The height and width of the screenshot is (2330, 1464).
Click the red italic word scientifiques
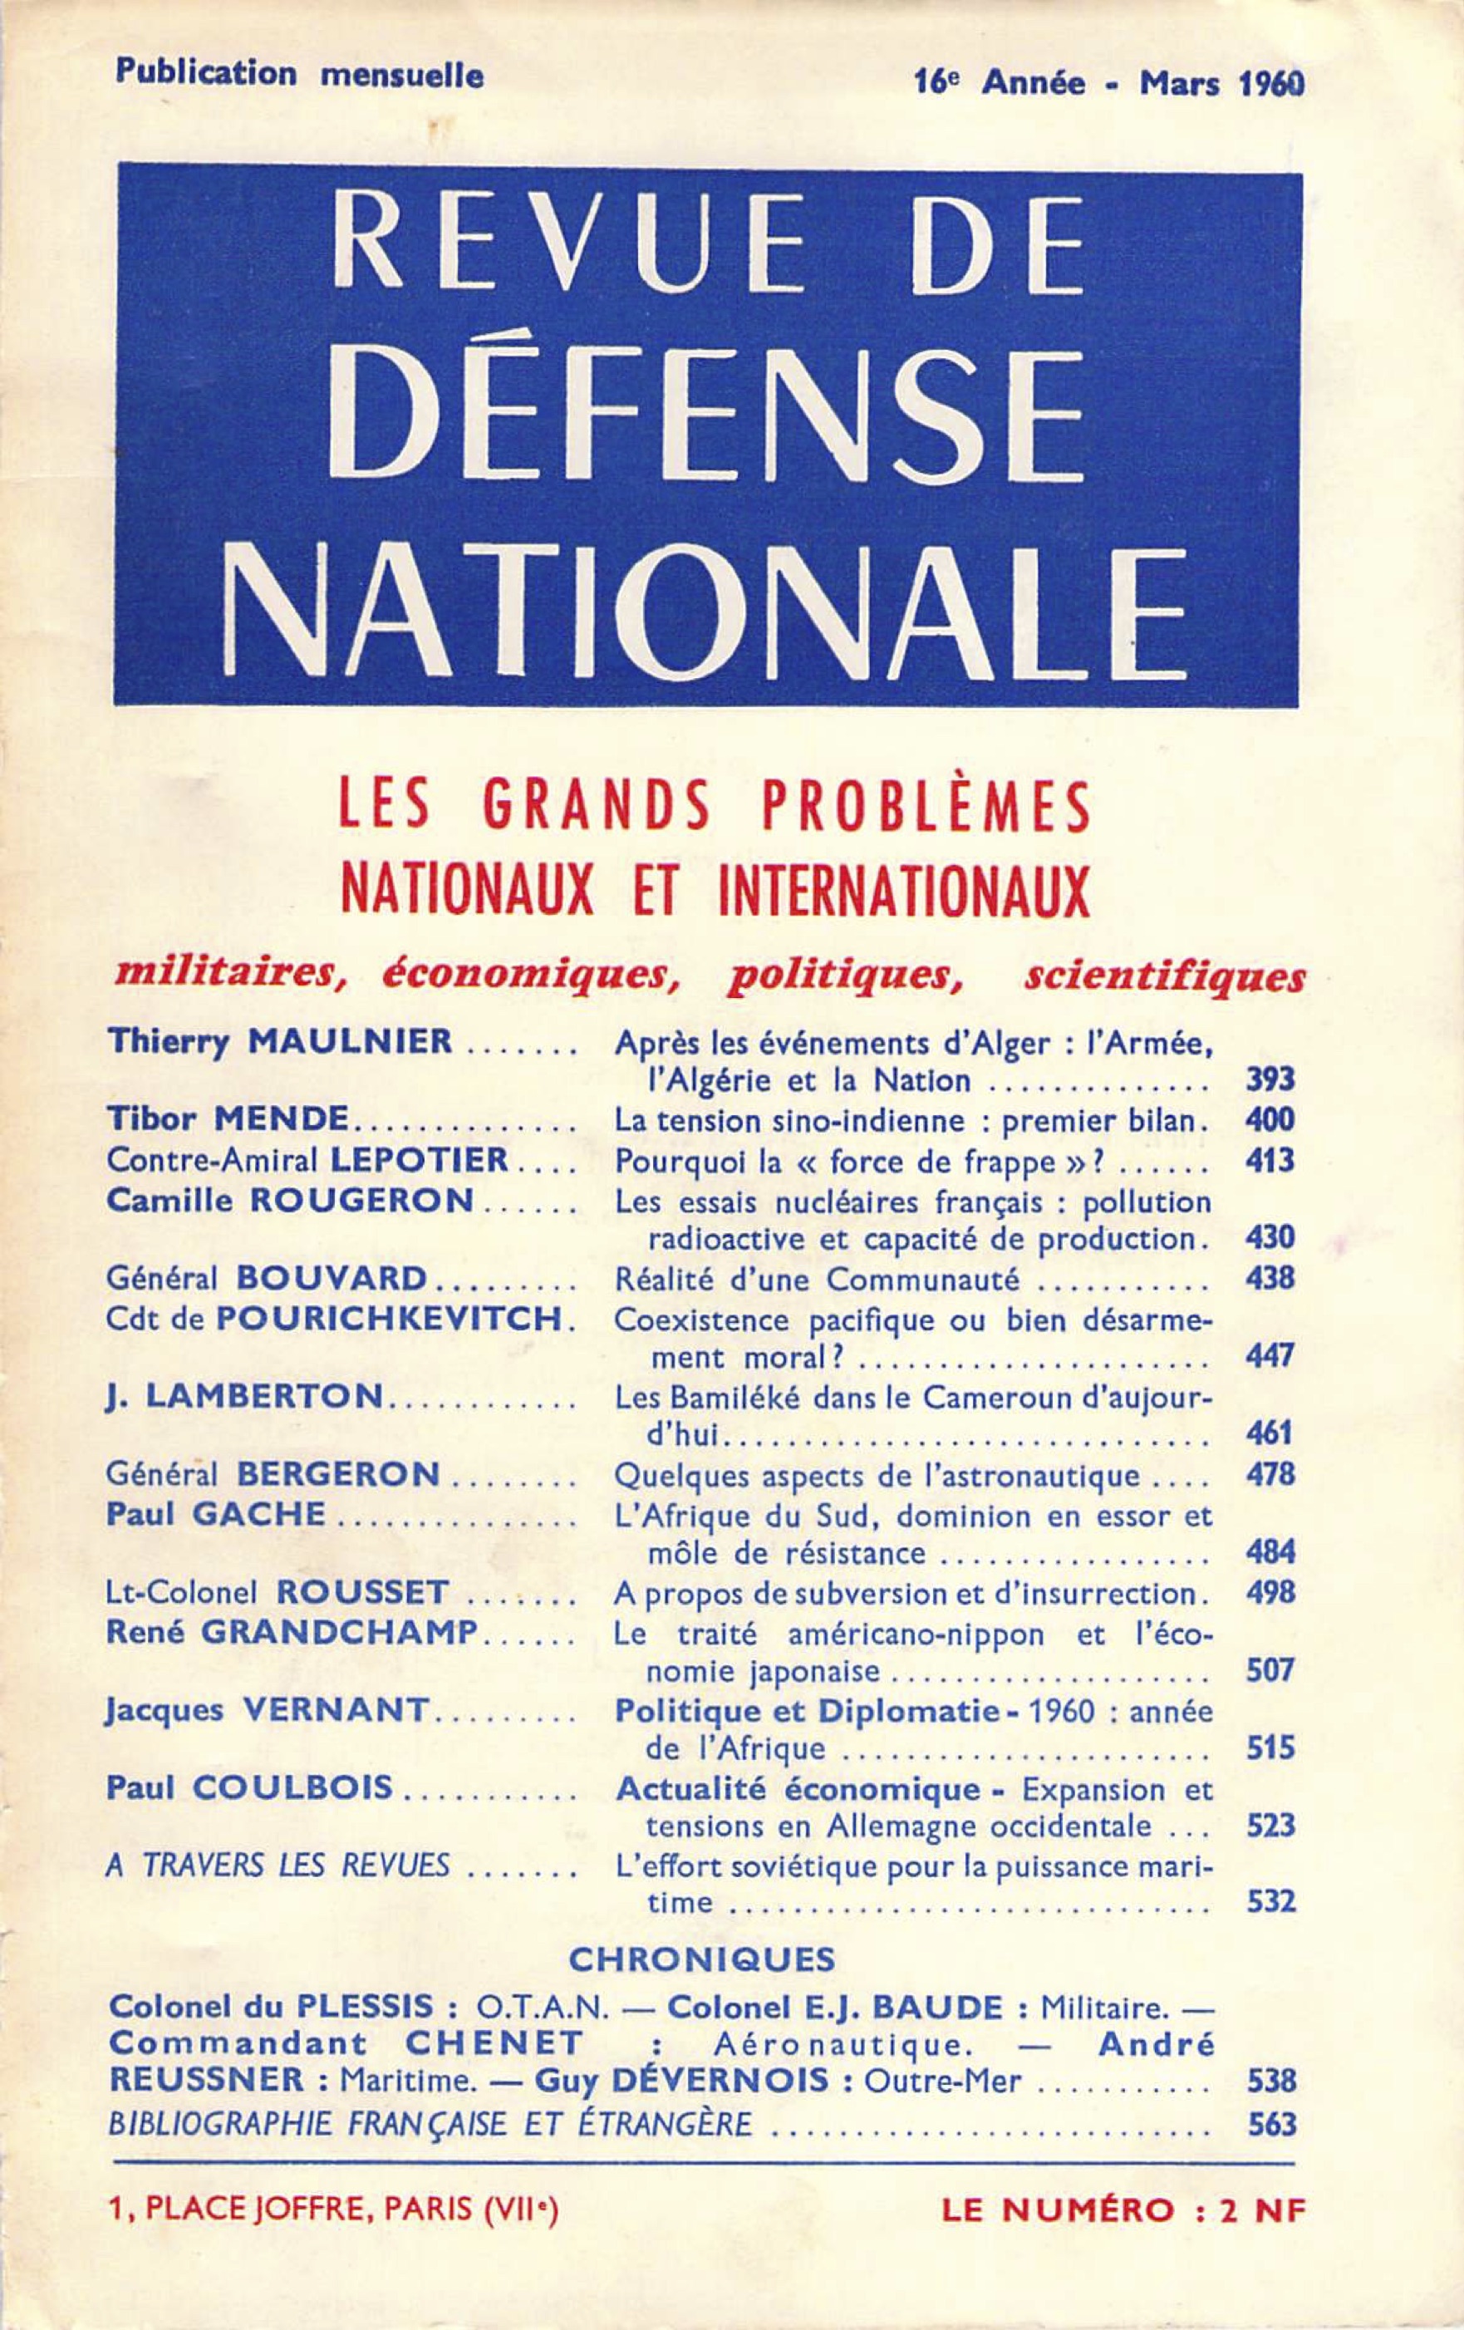pos(1163,978)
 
